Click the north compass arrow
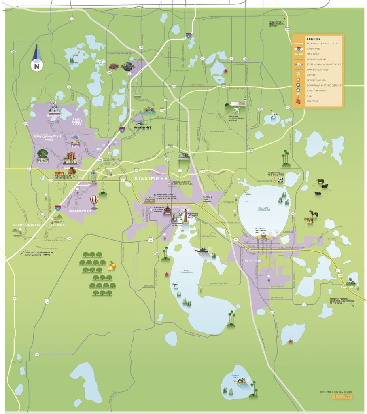[x=36, y=55]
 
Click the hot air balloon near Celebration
[x=94, y=201]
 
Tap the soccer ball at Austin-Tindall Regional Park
[x=280, y=179]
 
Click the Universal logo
[x=127, y=65]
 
